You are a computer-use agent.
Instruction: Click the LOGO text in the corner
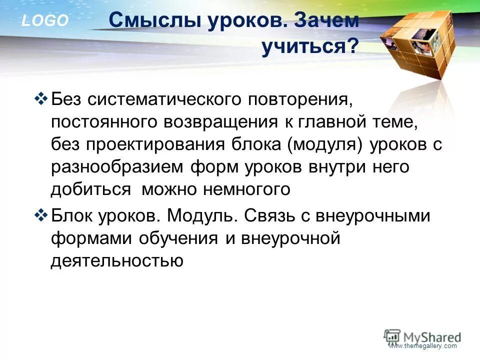click(x=44, y=20)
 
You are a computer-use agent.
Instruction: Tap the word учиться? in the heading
click(x=310, y=48)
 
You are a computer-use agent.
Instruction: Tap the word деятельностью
click(x=117, y=261)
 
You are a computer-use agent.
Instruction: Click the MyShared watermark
click(x=423, y=336)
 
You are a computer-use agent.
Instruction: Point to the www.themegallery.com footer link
click(x=423, y=346)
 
